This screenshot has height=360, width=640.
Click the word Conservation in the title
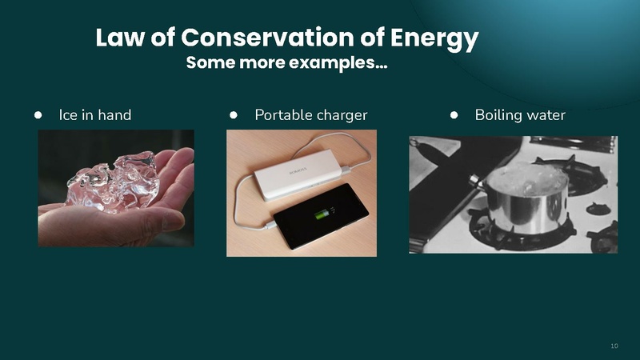(278, 38)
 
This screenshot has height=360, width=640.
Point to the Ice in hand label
(95, 115)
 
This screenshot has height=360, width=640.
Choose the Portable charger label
(311, 115)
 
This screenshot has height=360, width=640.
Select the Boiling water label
(520, 115)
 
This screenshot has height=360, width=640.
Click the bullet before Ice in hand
(38, 115)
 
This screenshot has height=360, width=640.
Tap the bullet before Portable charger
(234, 115)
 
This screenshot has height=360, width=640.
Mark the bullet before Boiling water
(454, 115)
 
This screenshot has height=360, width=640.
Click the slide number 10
(614, 346)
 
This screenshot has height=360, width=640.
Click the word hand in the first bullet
(114, 115)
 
